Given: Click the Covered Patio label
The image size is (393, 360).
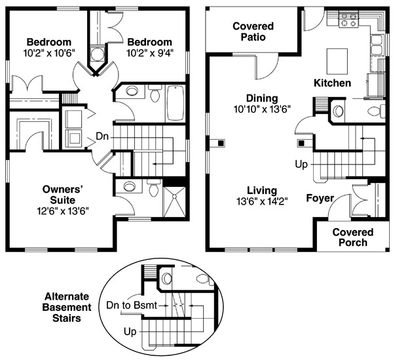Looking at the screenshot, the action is click(x=253, y=31).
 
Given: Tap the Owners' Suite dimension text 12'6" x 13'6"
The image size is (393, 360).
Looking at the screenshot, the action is click(x=63, y=211).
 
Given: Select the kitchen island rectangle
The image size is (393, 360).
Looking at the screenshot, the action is click(x=337, y=61).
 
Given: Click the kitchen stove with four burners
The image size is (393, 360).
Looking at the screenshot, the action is click(x=349, y=19).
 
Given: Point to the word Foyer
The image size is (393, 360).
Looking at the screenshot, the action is click(x=320, y=198).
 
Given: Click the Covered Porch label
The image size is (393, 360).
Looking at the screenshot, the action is click(x=353, y=237).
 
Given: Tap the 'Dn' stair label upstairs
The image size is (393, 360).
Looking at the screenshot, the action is click(x=102, y=136).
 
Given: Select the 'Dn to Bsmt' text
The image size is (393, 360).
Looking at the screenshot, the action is click(x=132, y=306).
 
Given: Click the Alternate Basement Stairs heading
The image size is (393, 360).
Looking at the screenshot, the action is click(x=67, y=308).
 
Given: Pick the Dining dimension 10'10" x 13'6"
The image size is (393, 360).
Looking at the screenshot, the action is click(x=262, y=109).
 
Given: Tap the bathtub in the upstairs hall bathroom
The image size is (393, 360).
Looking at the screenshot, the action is click(x=176, y=103).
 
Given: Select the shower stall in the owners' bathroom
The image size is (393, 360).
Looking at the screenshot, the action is click(x=174, y=201).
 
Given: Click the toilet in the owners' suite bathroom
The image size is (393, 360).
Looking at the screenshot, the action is click(x=154, y=188).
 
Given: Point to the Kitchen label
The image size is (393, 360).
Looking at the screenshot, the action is click(x=332, y=83).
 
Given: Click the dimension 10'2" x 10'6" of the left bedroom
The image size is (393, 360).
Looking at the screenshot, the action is click(x=49, y=53).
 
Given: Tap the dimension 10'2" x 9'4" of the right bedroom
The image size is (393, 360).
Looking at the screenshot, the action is click(x=150, y=53).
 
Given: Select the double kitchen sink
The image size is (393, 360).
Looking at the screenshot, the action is click(x=377, y=45).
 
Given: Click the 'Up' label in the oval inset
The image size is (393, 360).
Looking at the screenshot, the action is click(x=130, y=332).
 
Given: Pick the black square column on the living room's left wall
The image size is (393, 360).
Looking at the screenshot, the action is click(x=221, y=143).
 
